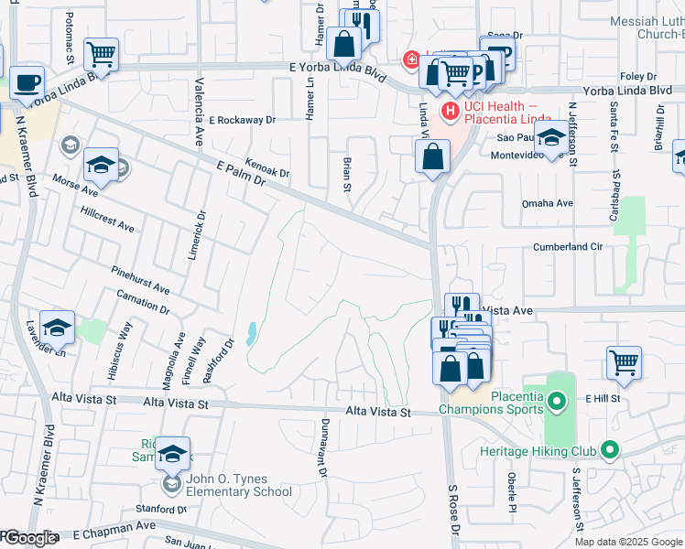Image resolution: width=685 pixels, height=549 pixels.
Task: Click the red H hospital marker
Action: pyautogui.click(x=450, y=111)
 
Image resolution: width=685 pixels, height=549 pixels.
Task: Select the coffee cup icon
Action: pyautogui.click(x=27, y=81)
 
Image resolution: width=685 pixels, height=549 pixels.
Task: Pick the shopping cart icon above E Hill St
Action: pyautogui.click(x=624, y=361)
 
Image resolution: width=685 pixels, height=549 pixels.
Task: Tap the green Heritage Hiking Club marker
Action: pyautogui.click(x=609, y=449)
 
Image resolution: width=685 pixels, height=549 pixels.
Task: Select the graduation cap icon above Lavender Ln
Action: pyautogui.click(x=57, y=327)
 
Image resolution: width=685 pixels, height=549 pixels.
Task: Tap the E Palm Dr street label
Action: pyautogui.click(x=241, y=170)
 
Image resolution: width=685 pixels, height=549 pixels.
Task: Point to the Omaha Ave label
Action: pyautogui.click(x=547, y=203)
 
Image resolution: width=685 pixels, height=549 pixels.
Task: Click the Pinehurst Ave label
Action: pyautogui.click(x=140, y=280)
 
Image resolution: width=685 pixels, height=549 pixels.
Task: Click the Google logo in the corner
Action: pyautogui.click(x=29, y=539)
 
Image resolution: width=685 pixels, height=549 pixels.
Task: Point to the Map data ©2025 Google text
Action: pyautogui.click(x=628, y=542)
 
